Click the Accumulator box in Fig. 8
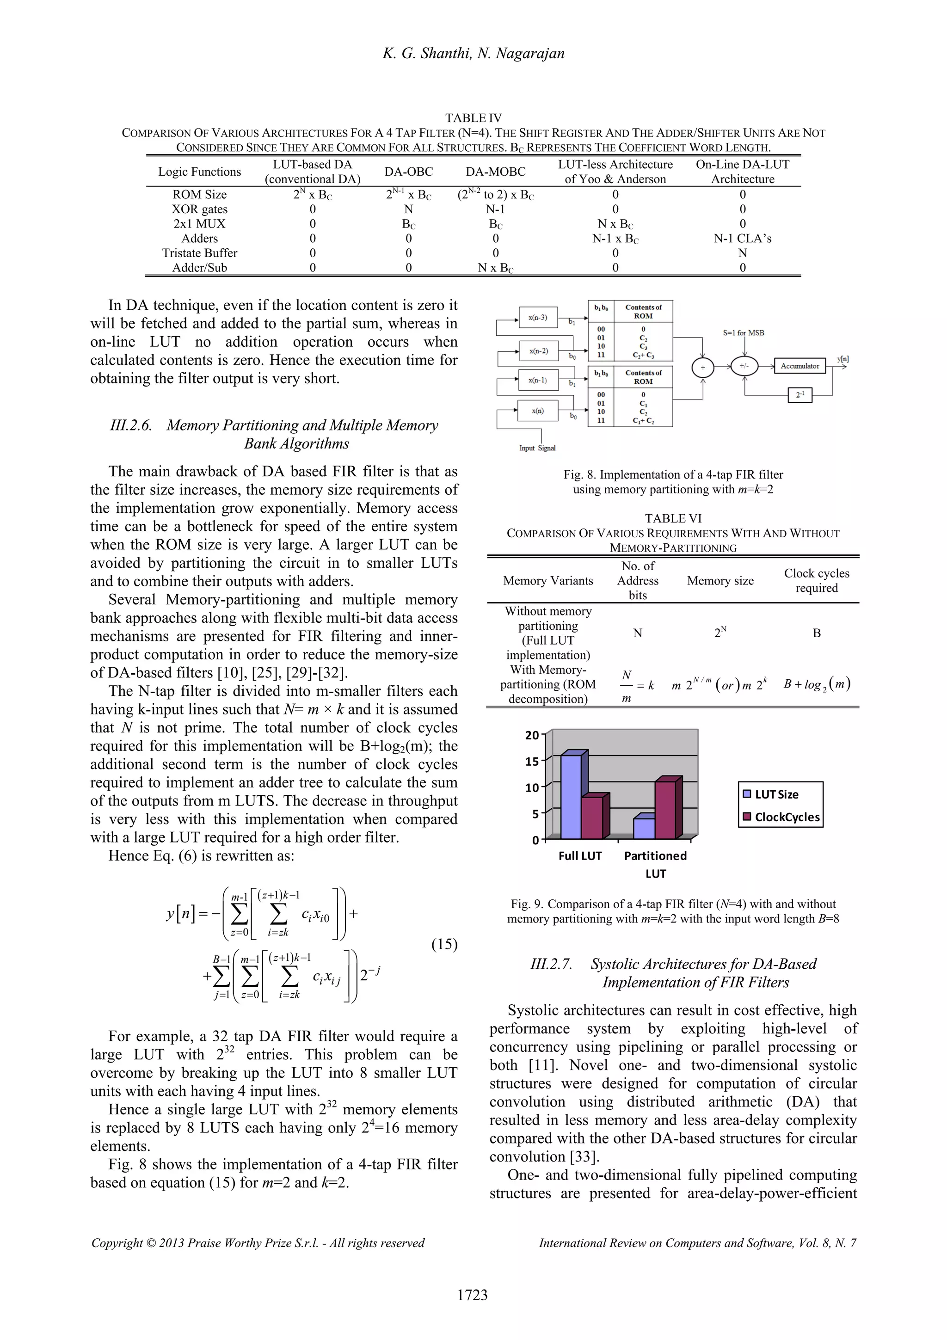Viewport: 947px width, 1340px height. point(799,366)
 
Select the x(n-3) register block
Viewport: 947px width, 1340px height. point(537,318)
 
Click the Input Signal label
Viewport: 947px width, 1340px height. point(537,448)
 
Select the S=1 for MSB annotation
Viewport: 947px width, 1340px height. point(744,332)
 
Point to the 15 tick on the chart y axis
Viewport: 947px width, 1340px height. point(532,761)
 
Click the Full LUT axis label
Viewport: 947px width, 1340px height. point(579,855)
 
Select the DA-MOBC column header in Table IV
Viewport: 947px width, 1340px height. point(495,172)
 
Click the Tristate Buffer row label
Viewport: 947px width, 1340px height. point(200,253)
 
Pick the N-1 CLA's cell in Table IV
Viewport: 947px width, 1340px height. point(742,238)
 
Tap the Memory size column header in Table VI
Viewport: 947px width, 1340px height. point(720,581)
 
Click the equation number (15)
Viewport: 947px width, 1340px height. point(444,944)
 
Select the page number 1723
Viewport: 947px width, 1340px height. point(472,1295)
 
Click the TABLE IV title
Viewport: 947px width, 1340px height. point(473,118)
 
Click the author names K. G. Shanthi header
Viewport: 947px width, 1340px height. point(473,54)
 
